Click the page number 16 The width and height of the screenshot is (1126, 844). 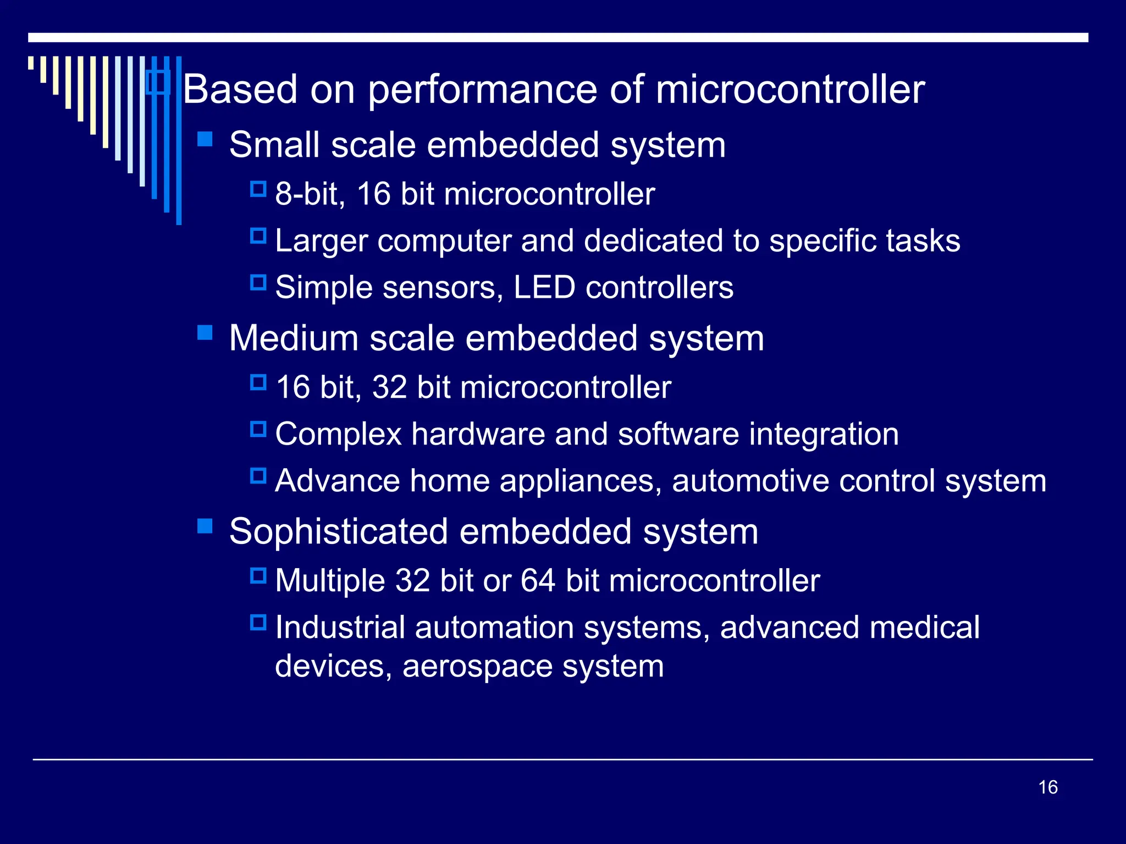click(1048, 787)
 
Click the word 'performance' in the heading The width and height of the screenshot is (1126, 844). click(482, 90)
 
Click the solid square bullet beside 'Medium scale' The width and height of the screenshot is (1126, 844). click(205, 332)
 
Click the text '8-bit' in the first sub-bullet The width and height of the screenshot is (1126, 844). click(310, 194)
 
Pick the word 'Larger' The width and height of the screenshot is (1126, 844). click(321, 242)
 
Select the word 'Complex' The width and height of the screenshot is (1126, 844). click(338, 435)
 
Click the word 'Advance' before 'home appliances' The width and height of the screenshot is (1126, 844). click(337, 481)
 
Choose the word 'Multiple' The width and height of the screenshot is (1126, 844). click(330, 581)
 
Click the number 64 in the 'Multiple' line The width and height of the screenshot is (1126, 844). click(538, 581)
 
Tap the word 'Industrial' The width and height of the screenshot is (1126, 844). click(340, 627)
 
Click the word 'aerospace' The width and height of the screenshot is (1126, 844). click(477, 667)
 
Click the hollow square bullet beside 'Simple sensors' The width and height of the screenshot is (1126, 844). click(258, 283)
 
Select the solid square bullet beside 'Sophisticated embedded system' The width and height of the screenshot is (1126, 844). click(205, 526)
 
